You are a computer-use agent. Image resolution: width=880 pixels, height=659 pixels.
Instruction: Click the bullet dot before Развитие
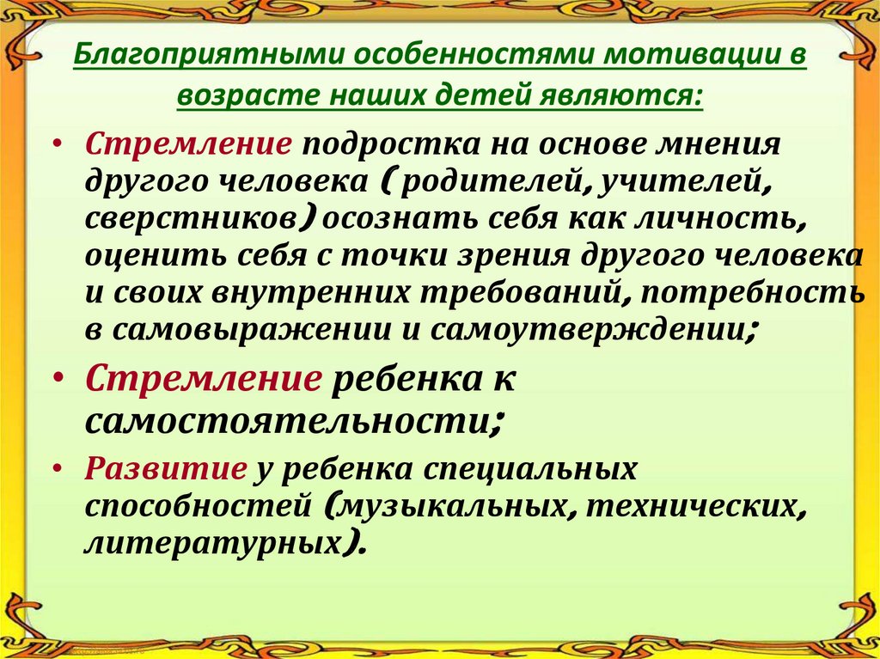(57, 469)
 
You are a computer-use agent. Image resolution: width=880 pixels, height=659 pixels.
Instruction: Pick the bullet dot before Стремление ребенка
(57, 378)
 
